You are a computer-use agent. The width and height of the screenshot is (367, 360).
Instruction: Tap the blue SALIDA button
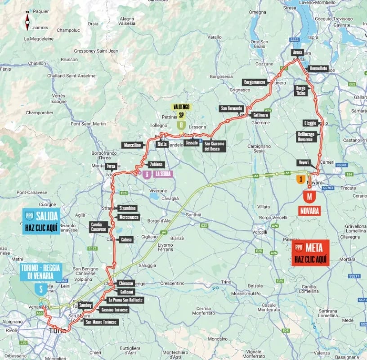pyautogui.click(x=41, y=221)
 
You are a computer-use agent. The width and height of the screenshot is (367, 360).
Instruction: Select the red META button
pyautogui.click(x=310, y=252)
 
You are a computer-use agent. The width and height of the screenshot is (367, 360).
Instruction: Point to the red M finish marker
pyautogui.click(x=309, y=197)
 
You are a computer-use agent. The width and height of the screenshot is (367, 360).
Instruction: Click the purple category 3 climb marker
pyautogui.click(x=146, y=175)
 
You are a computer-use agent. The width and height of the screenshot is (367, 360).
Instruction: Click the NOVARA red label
pyautogui.click(x=309, y=211)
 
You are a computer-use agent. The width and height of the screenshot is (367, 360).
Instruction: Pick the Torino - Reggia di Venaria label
pyautogui.click(x=41, y=272)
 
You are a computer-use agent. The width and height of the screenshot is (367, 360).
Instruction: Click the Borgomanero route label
pyautogui.click(x=255, y=82)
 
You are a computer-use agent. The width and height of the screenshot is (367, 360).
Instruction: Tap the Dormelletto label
pyautogui.click(x=318, y=69)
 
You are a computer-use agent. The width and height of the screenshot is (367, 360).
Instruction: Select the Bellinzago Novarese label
pyautogui.click(x=308, y=136)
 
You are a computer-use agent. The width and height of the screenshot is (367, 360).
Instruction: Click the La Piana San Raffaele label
pyautogui.click(x=125, y=300)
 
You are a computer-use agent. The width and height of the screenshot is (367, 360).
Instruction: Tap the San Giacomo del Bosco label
pyautogui.click(x=214, y=146)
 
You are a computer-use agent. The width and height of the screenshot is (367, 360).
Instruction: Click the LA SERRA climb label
pyautogui.click(x=162, y=174)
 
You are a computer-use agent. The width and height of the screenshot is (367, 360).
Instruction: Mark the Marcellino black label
pyautogui.click(x=132, y=145)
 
